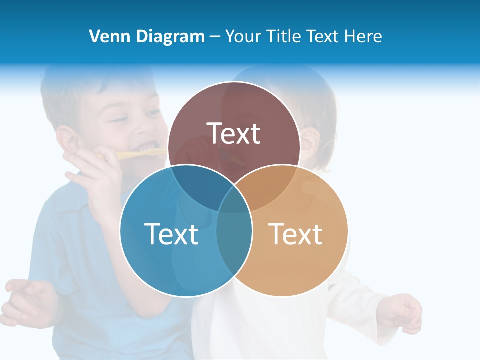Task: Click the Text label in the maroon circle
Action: [x=234, y=133]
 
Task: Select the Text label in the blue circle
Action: [x=171, y=234]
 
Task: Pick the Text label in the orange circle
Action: [x=296, y=234]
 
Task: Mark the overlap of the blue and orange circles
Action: [x=234, y=235]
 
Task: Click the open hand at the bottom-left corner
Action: [x=30, y=300]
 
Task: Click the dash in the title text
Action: [x=215, y=37]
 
